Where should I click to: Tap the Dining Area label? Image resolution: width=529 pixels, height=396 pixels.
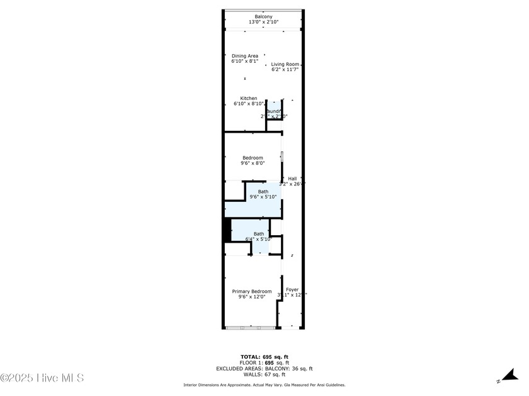tap(245, 59)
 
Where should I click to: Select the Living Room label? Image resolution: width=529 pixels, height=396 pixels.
tap(285, 67)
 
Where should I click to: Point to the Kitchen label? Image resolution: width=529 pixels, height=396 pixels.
tap(249, 101)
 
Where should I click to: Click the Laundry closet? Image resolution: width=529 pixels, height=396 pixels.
tap(274, 114)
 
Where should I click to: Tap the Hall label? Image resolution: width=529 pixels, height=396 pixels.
tap(292, 181)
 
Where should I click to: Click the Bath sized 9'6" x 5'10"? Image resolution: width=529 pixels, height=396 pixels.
tap(263, 194)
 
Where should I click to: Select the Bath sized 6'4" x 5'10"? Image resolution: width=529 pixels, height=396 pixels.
tap(258, 236)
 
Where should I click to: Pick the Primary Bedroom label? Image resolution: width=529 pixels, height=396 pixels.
tap(252, 294)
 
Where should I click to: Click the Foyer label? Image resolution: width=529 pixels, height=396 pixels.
tap(292, 292)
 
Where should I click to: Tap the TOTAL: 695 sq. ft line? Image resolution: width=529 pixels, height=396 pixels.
tap(264, 356)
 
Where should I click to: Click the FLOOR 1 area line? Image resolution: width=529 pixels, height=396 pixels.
tap(264, 363)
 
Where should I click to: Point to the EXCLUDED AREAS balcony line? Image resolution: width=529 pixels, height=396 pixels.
tap(264, 369)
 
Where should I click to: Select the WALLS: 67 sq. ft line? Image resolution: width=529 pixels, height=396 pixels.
tap(264, 375)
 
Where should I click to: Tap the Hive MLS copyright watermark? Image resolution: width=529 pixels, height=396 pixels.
tap(42, 378)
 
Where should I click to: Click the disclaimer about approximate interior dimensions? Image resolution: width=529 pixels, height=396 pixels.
tap(264, 385)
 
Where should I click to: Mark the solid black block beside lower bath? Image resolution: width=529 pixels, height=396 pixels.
tap(227, 230)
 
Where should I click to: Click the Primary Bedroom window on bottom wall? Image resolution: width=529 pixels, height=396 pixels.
tap(251, 327)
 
